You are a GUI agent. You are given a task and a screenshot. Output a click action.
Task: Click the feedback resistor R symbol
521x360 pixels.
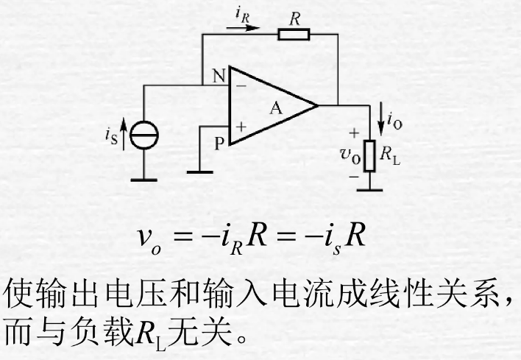pyautogui.click(x=294, y=33)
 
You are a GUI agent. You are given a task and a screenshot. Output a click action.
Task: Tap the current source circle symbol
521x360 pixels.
pyautogui.click(x=144, y=134)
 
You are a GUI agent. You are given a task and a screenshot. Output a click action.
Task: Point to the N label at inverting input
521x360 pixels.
pyautogui.click(x=219, y=76)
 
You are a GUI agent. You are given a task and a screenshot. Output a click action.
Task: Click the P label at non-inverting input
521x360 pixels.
pyautogui.click(x=219, y=144)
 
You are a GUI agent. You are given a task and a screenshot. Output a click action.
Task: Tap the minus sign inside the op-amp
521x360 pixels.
pyautogui.click(x=239, y=86)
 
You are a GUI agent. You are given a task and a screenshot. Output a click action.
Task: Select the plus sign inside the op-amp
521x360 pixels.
pyautogui.click(x=240, y=127)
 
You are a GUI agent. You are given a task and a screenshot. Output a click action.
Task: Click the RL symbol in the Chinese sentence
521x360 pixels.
pyautogui.click(x=151, y=335)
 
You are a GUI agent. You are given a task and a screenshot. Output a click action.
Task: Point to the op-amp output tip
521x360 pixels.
pyautogui.click(x=318, y=106)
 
